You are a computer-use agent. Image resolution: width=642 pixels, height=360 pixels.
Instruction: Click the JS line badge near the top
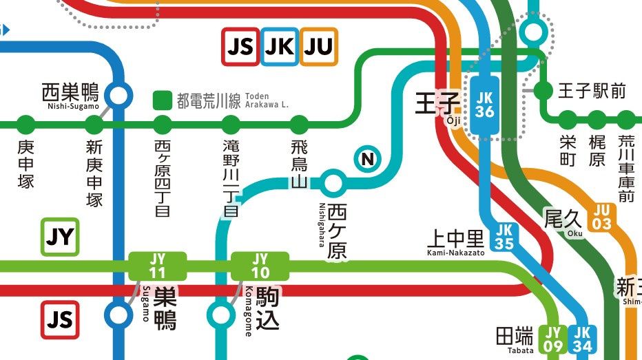(x=240, y=46)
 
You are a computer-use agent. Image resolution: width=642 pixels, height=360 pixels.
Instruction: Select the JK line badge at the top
(x=280, y=46)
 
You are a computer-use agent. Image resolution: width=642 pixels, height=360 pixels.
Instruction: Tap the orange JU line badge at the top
(x=319, y=46)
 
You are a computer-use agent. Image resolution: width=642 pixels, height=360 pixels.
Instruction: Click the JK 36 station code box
(x=485, y=104)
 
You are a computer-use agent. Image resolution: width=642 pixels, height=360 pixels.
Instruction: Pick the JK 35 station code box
(x=504, y=236)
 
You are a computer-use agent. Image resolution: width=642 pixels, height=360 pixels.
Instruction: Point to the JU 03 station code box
(x=602, y=217)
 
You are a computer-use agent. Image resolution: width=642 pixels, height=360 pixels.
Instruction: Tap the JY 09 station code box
(x=553, y=339)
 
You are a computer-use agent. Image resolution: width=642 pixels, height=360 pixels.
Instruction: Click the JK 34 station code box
(x=583, y=339)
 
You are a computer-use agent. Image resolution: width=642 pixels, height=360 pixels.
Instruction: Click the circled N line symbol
(x=367, y=160)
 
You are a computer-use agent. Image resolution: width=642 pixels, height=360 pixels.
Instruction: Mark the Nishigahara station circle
(x=333, y=183)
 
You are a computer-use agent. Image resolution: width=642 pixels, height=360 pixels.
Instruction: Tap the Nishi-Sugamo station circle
(x=120, y=95)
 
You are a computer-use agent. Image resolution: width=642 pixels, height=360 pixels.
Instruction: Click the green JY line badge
(x=60, y=237)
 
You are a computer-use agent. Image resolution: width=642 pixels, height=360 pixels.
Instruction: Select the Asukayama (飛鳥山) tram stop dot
(x=299, y=125)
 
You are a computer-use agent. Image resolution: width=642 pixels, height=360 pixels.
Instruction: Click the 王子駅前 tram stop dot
(x=543, y=90)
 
